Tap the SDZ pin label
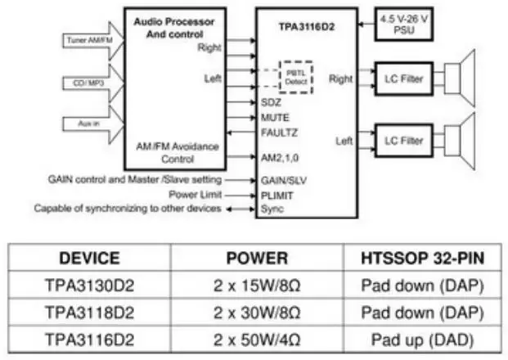click(270, 103)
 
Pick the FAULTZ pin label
click(279, 131)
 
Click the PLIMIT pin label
click(277, 195)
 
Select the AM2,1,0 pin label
click(281, 157)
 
